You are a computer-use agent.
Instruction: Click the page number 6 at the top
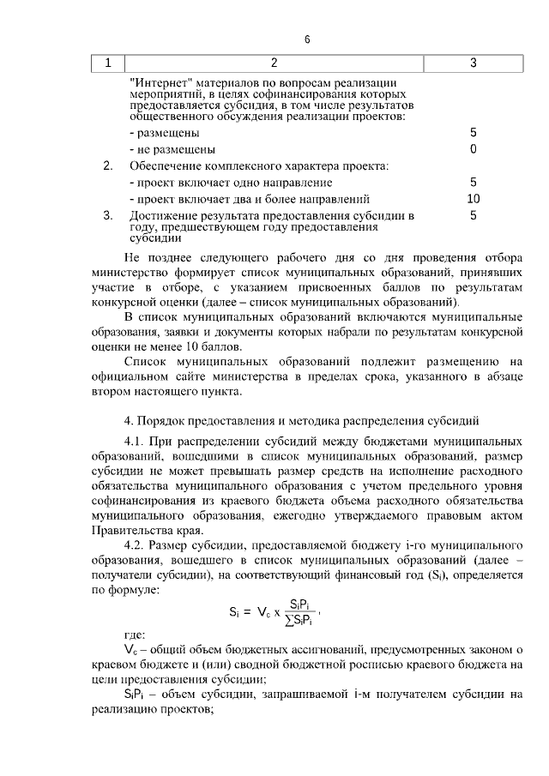pyautogui.click(x=306, y=39)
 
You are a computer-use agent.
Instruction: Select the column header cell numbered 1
pyautogui.click(x=108, y=63)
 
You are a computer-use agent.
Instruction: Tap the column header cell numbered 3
pyautogui.click(x=474, y=63)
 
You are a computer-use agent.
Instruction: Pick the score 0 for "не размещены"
pyautogui.click(x=473, y=149)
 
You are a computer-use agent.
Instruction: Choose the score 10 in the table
pyautogui.click(x=473, y=199)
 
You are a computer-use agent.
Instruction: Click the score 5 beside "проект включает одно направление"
pyautogui.click(x=473, y=183)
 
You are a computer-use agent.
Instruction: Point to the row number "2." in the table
pyautogui.click(x=108, y=165)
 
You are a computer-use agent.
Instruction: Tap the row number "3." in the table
pyautogui.click(x=108, y=215)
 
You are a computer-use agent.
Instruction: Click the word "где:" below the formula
pyautogui.click(x=136, y=635)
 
